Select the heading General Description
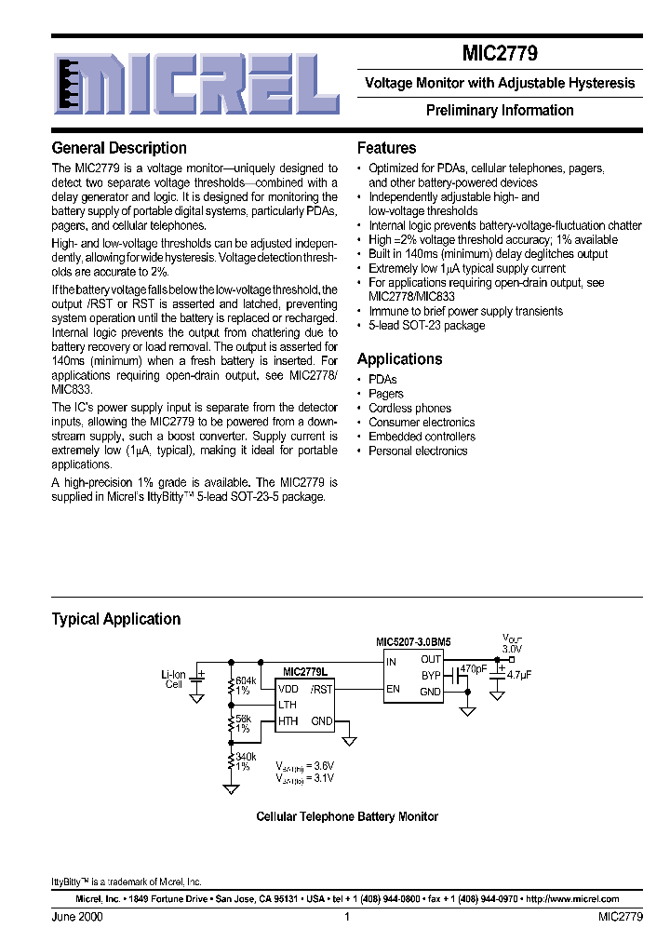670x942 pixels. point(119,148)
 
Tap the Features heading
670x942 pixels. point(387,148)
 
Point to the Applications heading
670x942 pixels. point(400,359)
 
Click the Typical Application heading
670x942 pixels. point(116,619)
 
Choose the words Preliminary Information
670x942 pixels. point(500,110)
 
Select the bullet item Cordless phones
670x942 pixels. point(409,408)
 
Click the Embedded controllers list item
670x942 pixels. point(422,437)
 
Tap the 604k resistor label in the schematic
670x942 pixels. point(246,681)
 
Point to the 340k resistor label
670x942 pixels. point(246,758)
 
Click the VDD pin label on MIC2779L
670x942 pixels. point(288,690)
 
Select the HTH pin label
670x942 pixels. point(288,721)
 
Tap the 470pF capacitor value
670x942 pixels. point(474,668)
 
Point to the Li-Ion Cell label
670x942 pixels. point(174,679)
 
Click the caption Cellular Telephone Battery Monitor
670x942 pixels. point(347,816)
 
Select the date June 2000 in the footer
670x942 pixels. point(77,917)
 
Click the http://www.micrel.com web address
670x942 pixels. point(572,899)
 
